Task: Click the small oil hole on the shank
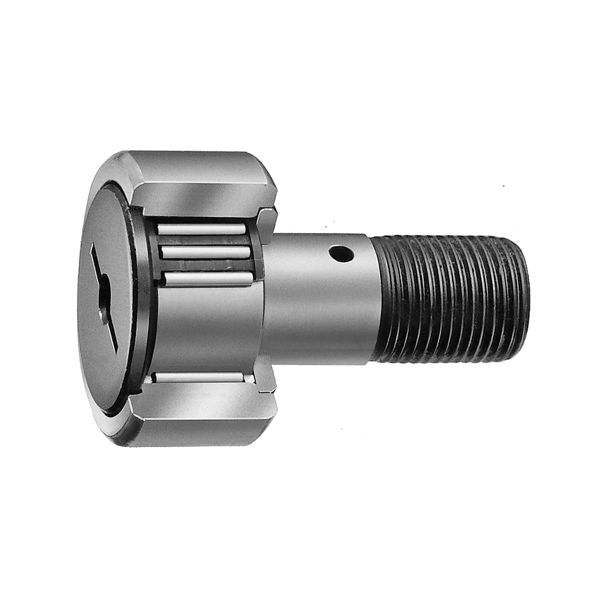[x=341, y=255]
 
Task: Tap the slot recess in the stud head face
[x=104, y=298]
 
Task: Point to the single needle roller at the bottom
[x=198, y=377]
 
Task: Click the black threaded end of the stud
[x=451, y=297]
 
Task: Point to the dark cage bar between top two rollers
[x=203, y=240]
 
